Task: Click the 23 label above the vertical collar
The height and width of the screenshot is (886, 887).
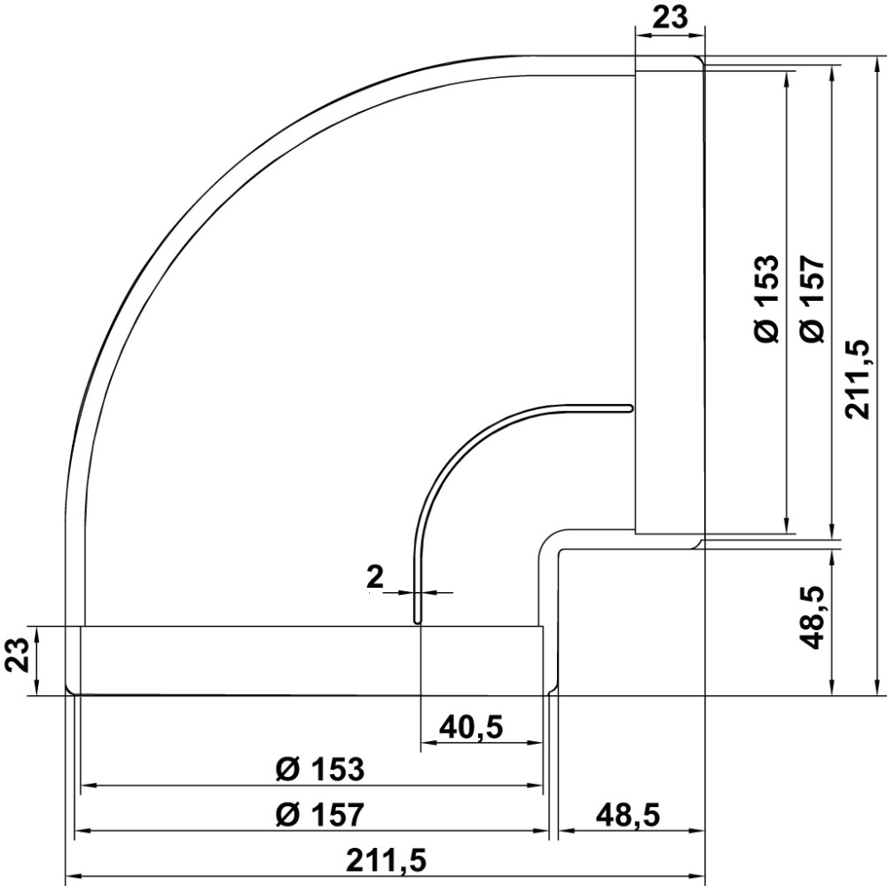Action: tap(670, 18)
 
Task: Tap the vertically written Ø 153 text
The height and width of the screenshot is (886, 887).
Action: tap(767, 299)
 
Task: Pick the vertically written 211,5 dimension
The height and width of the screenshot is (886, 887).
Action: tap(857, 379)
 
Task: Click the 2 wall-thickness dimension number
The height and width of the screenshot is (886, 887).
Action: tap(375, 577)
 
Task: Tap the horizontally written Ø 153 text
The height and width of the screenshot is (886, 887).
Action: tap(320, 770)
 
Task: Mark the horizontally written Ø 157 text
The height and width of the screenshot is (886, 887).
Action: tap(320, 815)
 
